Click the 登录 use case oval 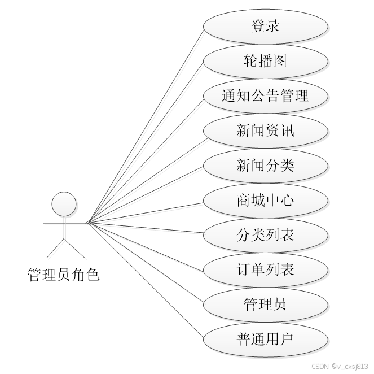[265, 26]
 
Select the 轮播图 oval [265, 60]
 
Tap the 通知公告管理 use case [265, 95]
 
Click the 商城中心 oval [265, 200]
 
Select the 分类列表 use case [265, 235]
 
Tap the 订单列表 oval [265, 269]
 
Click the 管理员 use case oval [265, 305]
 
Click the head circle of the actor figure [64, 203]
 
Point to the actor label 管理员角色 [63, 275]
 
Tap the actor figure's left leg [55, 249]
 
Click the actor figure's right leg [73, 249]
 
